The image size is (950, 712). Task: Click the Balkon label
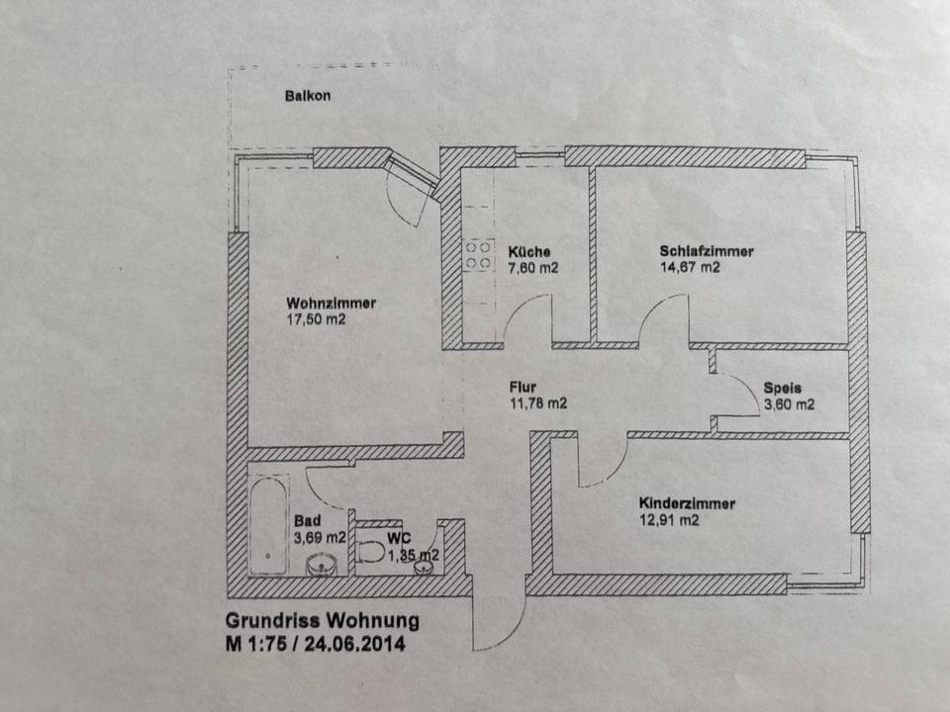[x=307, y=97]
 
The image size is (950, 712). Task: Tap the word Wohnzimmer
[x=331, y=303]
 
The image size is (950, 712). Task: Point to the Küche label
[x=529, y=251]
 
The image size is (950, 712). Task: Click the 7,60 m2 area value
[x=534, y=268]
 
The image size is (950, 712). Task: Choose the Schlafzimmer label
[x=707, y=251]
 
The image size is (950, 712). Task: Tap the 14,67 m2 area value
[x=690, y=267]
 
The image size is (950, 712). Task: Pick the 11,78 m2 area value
[x=538, y=403]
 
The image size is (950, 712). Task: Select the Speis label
[x=781, y=388]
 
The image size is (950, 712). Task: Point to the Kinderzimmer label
[x=687, y=503]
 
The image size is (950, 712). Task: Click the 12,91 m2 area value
[x=669, y=520]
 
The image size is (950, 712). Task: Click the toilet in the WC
[x=372, y=551]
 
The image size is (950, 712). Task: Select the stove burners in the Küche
[x=479, y=255]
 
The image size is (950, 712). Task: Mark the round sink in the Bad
[x=323, y=566]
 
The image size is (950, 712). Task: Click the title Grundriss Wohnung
[x=323, y=622]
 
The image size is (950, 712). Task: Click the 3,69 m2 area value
[x=320, y=538]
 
